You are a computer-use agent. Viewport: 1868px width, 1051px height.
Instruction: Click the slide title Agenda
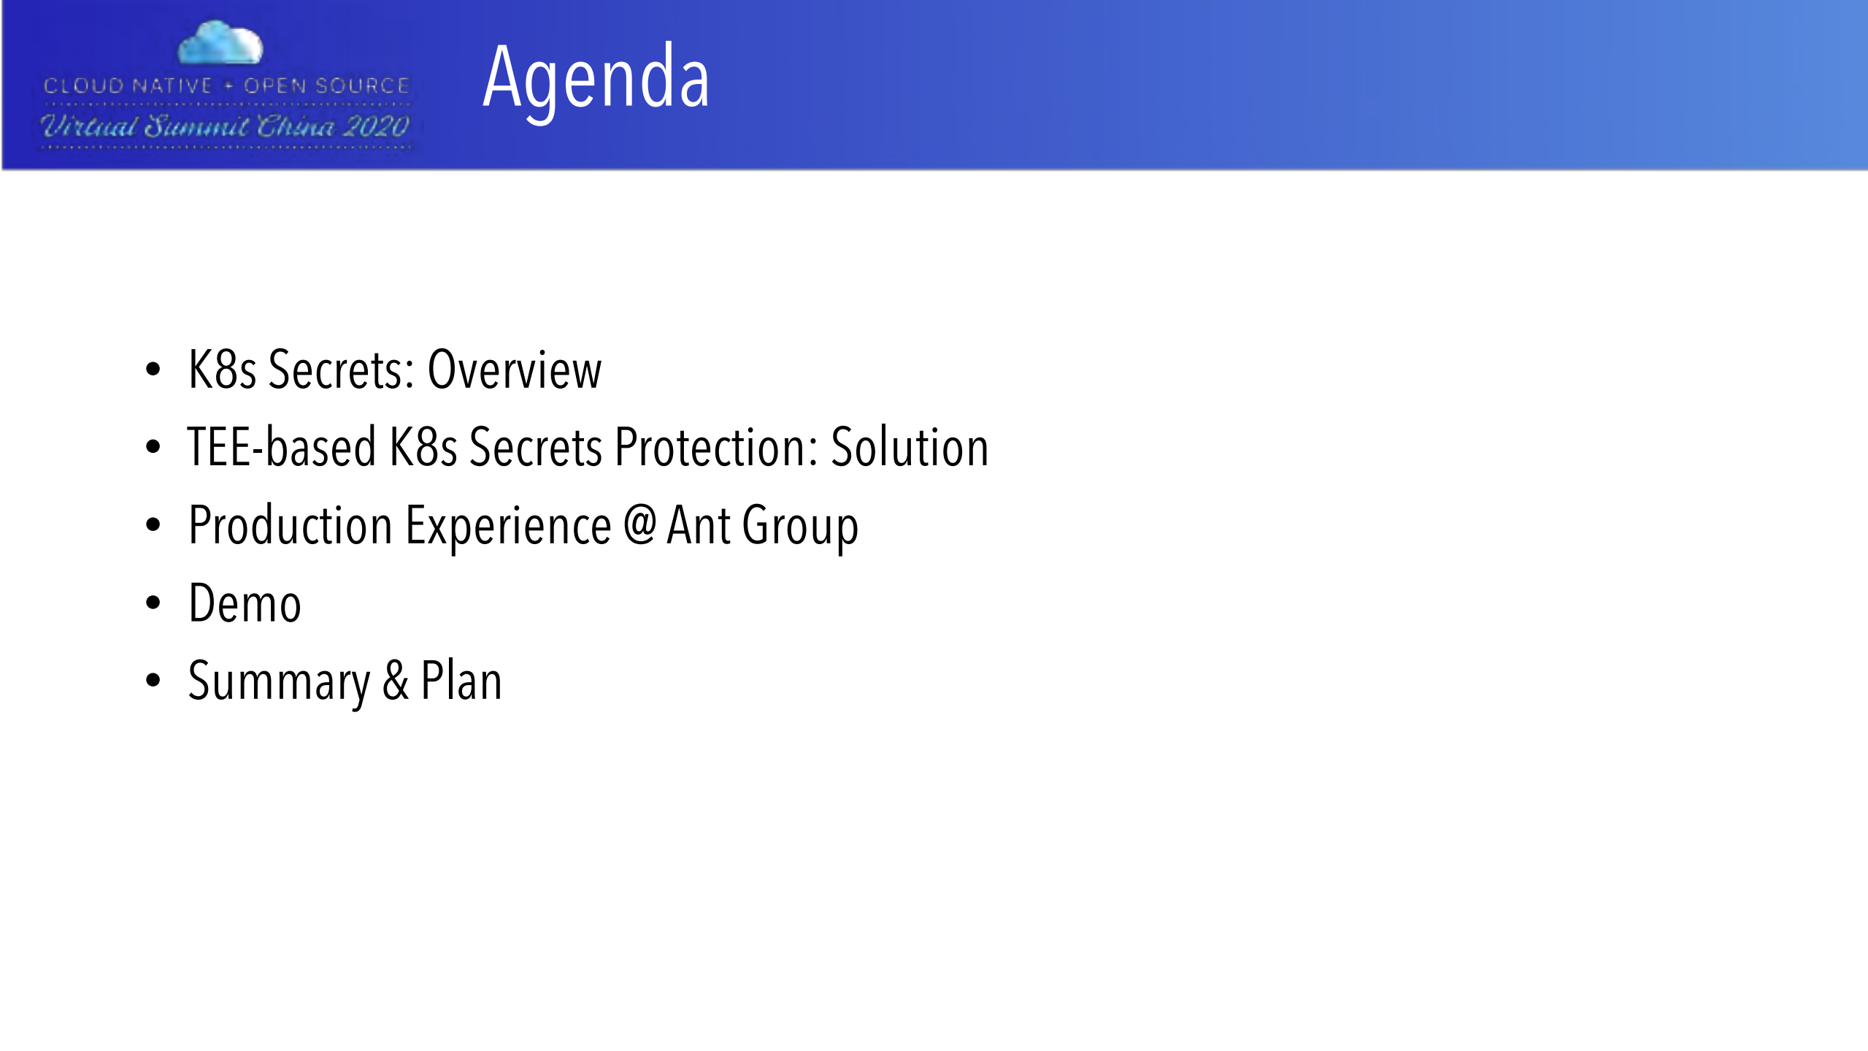(596, 79)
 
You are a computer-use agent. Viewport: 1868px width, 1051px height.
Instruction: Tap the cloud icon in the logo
(220, 42)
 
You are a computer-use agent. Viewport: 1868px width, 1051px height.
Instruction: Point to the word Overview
(515, 370)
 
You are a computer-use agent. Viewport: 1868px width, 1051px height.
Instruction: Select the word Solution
(910, 446)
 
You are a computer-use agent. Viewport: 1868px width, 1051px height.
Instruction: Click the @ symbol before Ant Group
(639, 524)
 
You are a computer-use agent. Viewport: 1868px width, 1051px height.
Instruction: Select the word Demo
(245, 603)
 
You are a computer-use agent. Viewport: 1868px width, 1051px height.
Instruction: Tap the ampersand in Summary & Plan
(396, 681)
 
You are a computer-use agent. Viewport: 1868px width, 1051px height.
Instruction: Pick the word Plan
(461, 681)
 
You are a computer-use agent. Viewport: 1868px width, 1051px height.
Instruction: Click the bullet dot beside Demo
(153, 603)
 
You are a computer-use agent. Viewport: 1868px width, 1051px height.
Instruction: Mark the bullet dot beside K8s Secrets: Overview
(153, 370)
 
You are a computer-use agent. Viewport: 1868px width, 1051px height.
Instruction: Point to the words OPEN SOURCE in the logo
(326, 85)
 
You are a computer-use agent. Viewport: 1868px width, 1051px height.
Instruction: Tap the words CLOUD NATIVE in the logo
(128, 85)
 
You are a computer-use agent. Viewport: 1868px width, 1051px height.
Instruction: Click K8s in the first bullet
(222, 370)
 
